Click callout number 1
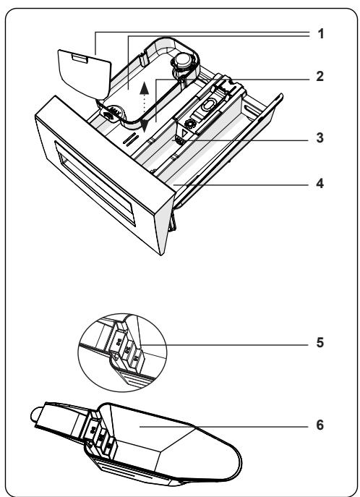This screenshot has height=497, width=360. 321,33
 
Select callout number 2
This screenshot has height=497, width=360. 320,77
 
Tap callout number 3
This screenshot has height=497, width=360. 320,138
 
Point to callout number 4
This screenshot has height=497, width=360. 320,184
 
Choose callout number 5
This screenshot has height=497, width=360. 320,343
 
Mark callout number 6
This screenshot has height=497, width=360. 320,425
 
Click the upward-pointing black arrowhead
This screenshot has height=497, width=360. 145,88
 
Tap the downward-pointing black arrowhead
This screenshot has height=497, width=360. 145,126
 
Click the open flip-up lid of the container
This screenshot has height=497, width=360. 85,74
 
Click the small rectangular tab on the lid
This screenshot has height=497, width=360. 80,58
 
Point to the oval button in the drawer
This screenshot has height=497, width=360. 207,105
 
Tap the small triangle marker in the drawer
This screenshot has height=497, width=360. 185,133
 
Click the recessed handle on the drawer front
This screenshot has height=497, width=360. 95,183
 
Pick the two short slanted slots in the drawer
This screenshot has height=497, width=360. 131,140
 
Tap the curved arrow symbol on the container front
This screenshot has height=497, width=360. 109,115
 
